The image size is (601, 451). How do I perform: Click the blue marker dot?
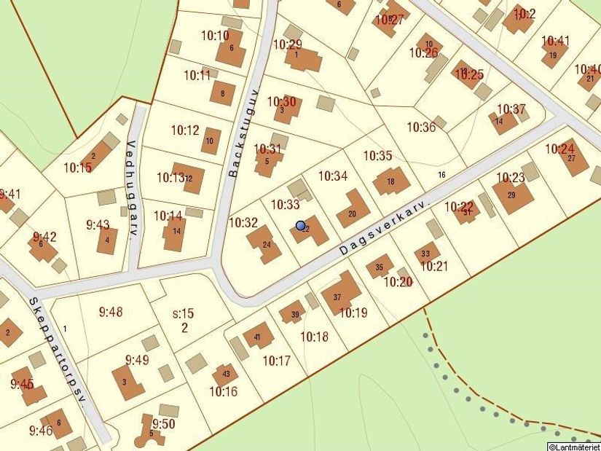pos(300,226)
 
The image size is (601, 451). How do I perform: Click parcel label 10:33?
pos(285,205)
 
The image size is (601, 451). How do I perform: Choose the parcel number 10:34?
pos(333,176)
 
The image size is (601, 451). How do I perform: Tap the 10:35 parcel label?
pos(378,155)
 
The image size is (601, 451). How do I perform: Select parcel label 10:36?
pos(421,127)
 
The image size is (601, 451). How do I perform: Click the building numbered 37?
pos(339,295)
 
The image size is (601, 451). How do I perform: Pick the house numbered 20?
pos(353,211)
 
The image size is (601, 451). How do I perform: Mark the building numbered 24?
pos(265,243)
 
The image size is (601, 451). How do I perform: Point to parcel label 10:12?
pos(185,130)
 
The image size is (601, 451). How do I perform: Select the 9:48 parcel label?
pos(111,312)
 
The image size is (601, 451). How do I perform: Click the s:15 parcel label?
pos(184,314)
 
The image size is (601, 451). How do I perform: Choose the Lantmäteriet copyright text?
pos(574,446)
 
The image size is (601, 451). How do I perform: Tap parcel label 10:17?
pos(277,360)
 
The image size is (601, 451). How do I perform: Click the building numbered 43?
pos(225,375)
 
